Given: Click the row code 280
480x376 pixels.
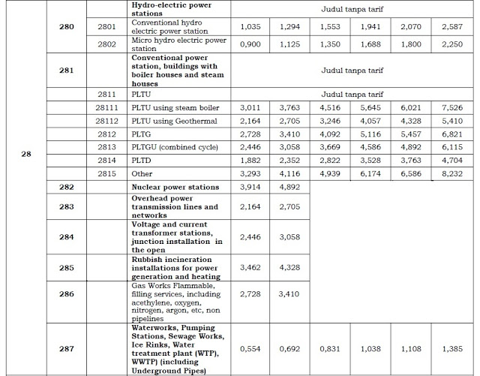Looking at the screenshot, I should (66, 26).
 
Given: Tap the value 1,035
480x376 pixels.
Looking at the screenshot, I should (250, 26).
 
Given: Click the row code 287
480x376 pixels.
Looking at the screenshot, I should (66, 348).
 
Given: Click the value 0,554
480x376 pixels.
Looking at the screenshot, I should (250, 348).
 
